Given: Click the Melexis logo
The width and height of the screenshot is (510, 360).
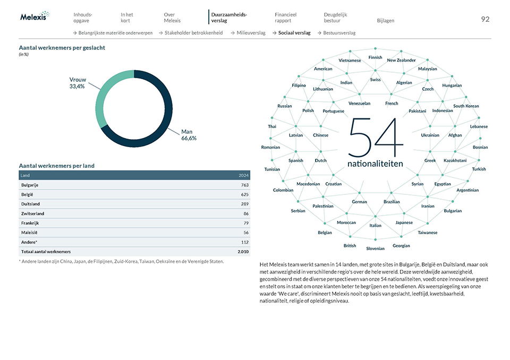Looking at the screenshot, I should [x=35, y=16].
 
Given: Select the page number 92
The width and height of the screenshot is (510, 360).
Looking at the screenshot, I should [x=485, y=19].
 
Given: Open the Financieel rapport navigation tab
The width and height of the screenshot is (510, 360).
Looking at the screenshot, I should [x=286, y=18].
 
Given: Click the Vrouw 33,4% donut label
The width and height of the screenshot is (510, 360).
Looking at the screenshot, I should [x=78, y=83].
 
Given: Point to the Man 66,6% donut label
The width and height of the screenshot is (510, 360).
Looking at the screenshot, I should [x=189, y=134].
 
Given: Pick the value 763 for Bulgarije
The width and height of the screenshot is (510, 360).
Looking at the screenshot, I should [x=244, y=185].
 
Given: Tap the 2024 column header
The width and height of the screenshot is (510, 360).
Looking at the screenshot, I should [x=243, y=175].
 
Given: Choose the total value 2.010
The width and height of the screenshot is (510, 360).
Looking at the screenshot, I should [x=243, y=252].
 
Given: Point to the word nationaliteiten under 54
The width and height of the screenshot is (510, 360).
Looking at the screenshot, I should [x=375, y=164].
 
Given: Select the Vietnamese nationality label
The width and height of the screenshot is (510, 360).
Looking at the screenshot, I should [x=350, y=61].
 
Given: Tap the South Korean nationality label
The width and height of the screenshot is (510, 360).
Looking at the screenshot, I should [x=466, y=106].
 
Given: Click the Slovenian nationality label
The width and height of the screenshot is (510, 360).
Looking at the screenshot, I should [x=375, y=248].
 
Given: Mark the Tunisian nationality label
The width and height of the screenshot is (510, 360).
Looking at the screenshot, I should [x=272, y=169].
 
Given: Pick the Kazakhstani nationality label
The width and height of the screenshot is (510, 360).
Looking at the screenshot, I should [x=455, y=160].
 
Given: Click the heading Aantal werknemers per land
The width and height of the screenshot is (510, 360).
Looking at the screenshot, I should [x=56, y=166].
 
